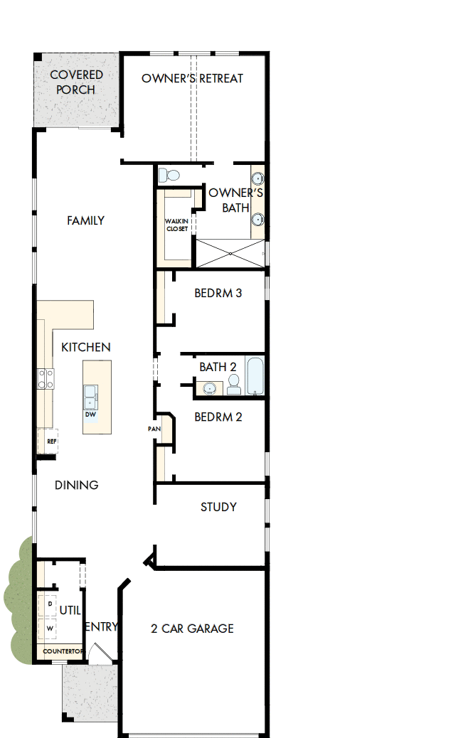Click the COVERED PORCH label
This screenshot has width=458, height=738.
76,82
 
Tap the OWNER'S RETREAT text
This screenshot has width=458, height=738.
192,78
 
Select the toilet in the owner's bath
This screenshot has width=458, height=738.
170,175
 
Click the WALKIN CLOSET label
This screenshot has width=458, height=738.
177,225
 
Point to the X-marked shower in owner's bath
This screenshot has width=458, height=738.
229,253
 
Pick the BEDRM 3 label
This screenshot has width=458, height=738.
218,293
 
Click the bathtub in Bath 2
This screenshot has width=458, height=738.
255,375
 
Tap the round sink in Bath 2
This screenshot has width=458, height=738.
210,388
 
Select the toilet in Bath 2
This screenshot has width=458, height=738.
234,385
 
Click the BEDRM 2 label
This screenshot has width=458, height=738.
218,417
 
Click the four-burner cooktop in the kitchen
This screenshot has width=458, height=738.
46,378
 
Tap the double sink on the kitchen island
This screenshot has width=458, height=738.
91,395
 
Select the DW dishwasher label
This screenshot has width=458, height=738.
90,415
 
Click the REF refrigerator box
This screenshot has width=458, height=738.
50,441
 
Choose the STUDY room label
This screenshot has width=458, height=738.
218,507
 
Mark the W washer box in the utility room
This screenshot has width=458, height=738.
50,629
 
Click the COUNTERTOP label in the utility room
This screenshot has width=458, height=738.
61,651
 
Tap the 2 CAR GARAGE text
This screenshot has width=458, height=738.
192,629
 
